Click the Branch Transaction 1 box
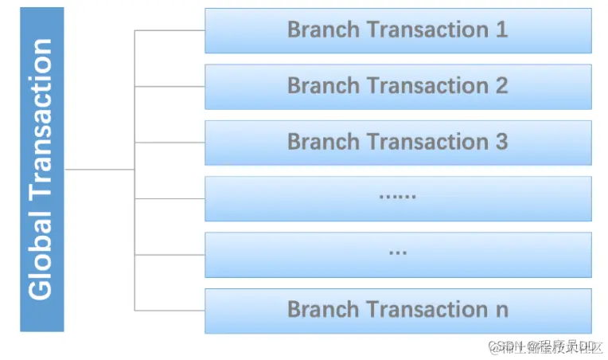(x=398, y=30)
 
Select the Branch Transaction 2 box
(x=398, y=86)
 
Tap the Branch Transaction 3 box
(x=398, y=142)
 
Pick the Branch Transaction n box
(x=398, y=310)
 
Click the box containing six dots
(x=398, y=198)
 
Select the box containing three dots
(x=398, y=254)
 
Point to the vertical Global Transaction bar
(x=41, y=169)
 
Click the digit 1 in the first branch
(x=501, y=30)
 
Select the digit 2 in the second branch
(x=501, y=86)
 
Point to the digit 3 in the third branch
(x=501, y=142)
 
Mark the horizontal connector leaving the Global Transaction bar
(x=99, y=169)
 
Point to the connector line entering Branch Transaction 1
(x=170, y=30)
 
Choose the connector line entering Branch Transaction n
(x=170, y=310)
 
